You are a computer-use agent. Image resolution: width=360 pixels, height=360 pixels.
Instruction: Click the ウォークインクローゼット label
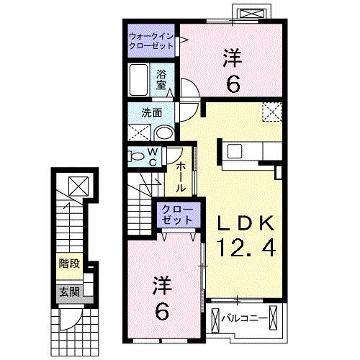[x=152, y=40]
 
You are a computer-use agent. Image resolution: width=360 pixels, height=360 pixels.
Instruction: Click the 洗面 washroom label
[x=150, y=112]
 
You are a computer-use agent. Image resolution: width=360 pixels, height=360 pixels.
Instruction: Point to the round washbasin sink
[x=164, y=132]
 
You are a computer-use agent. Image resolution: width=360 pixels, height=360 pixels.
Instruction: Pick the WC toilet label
[x=153, y=156]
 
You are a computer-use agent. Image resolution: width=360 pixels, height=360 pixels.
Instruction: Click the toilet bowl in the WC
[x=135, y=156]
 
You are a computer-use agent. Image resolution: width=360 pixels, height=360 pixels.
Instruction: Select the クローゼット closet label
[x=177, y=214]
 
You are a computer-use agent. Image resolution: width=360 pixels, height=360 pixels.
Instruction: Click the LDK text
[x=241, y=222]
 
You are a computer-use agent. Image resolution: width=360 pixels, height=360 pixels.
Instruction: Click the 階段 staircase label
[x=70, y=264]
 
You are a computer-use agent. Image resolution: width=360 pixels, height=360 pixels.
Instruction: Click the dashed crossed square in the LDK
[x=272, y=112]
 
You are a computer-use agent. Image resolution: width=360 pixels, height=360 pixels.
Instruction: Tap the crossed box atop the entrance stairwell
[x=76, y=185]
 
